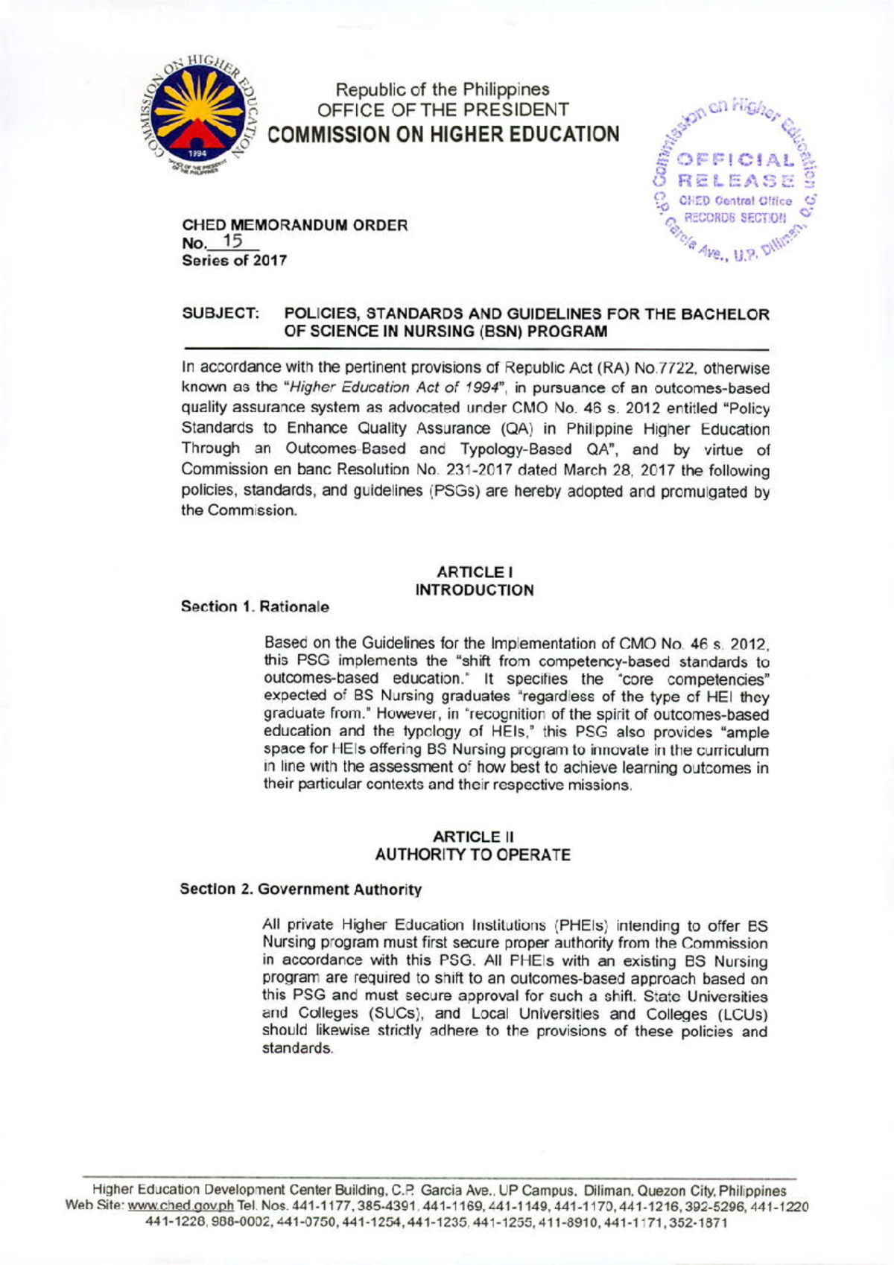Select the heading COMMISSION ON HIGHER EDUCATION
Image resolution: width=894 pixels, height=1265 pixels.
pos(443,134)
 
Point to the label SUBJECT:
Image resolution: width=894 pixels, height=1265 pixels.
pos(221,314)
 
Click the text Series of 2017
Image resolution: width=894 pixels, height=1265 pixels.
pos(234,261)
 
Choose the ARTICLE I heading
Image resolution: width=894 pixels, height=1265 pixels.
pos(474,572)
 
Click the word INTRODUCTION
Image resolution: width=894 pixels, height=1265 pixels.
pos(474,590)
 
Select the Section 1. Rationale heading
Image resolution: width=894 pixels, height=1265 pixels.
pos(255,607)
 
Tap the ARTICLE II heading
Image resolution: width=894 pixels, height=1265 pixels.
pos(473,837)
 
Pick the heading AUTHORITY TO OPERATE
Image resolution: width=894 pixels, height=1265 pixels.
pos(473,855)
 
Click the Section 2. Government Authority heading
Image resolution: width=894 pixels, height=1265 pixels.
pos(300,890)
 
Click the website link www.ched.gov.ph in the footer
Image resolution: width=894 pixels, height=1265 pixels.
pos(181,1206)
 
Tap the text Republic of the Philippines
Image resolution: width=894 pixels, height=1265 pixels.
pos(443,89)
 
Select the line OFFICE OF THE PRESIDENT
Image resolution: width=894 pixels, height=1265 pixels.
pos(443,110)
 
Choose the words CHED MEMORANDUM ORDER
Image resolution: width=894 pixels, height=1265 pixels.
pos(295,225)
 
